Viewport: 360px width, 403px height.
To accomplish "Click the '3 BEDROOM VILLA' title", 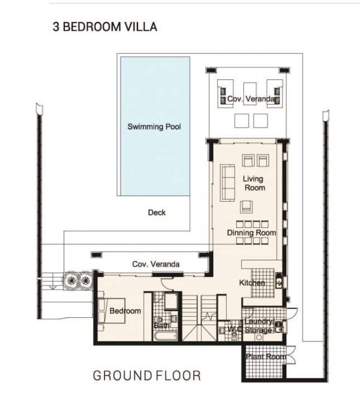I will tap(104, 27).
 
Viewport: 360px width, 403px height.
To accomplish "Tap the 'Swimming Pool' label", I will tap(154, 126).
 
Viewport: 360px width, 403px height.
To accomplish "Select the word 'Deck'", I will tap(156, 212).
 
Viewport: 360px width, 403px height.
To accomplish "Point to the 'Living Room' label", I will tap(253, 183).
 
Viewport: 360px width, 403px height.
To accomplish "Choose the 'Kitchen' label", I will tap(252, 283).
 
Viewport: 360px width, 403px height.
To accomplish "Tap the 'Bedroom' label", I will tap(125, 311).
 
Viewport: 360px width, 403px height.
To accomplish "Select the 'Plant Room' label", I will tap(266, 356).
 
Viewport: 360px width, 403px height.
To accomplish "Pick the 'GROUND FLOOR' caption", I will tap(146, 375).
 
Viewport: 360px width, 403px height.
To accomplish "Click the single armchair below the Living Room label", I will tap(246, 207).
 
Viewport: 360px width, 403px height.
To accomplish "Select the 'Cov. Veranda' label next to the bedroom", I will tap(156, 264).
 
